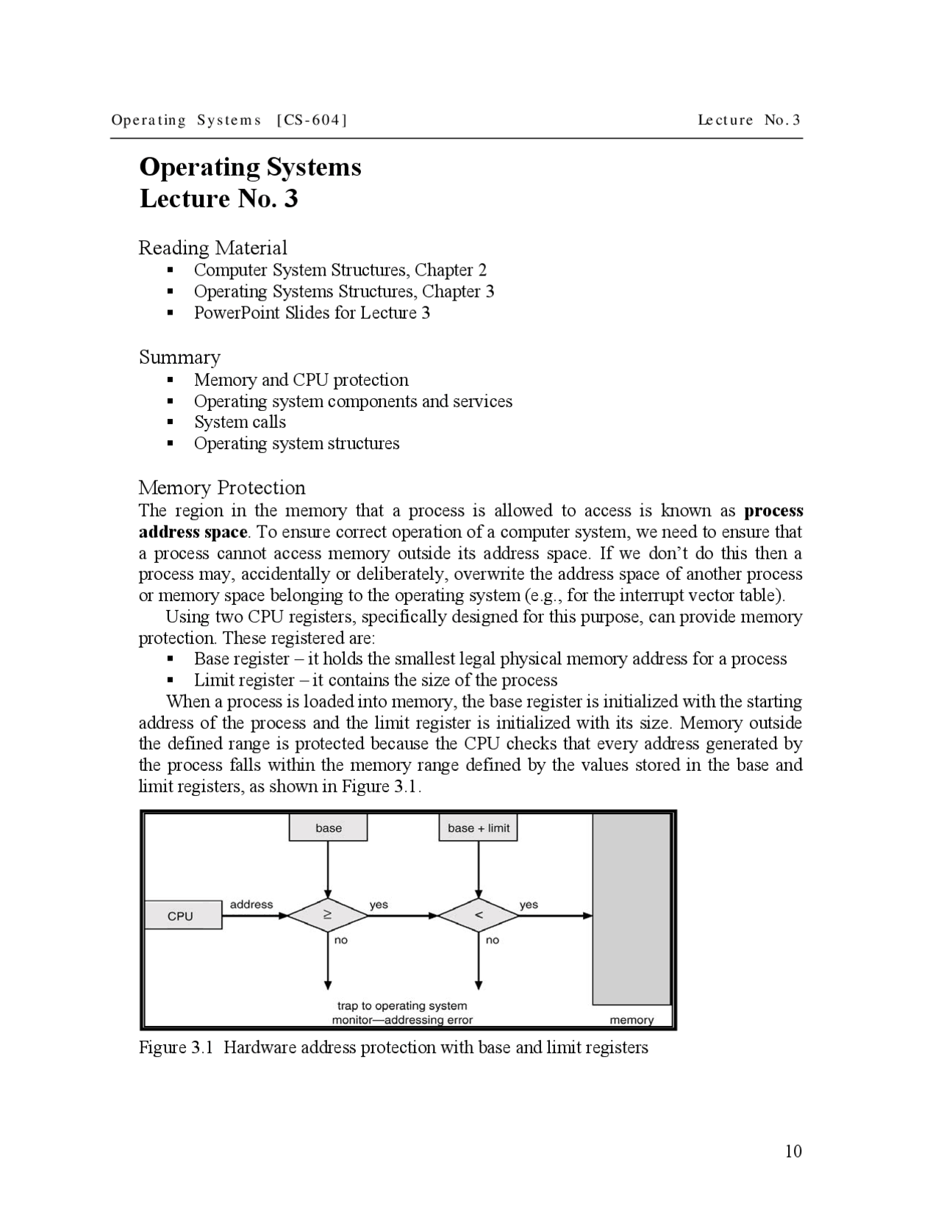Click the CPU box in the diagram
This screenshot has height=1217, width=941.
[182, 916]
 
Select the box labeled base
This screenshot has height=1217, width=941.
[328, 828]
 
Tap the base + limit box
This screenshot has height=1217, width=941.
[479, 828]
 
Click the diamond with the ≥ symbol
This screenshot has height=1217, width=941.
[327, 916]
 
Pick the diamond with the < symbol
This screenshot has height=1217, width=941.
[479, 916]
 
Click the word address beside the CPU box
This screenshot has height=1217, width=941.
[251, 905]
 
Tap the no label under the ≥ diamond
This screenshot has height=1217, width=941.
[341, 940]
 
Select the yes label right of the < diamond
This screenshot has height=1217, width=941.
[528, 905]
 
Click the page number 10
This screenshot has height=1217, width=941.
[793, 1151]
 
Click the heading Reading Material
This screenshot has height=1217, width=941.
[212, 248]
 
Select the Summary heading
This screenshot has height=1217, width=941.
[179, 357]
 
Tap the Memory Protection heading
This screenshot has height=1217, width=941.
[221, 488]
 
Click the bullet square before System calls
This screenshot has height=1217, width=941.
[171, 423]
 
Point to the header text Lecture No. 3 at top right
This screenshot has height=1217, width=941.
[748, 120]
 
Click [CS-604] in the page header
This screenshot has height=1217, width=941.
[311, 120]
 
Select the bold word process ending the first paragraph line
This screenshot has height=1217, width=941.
[773, 511]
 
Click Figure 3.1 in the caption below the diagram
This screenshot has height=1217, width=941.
[176, 1048]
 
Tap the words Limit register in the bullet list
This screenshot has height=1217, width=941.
[243, 681]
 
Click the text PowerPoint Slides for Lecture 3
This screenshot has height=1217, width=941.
[312, 313]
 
